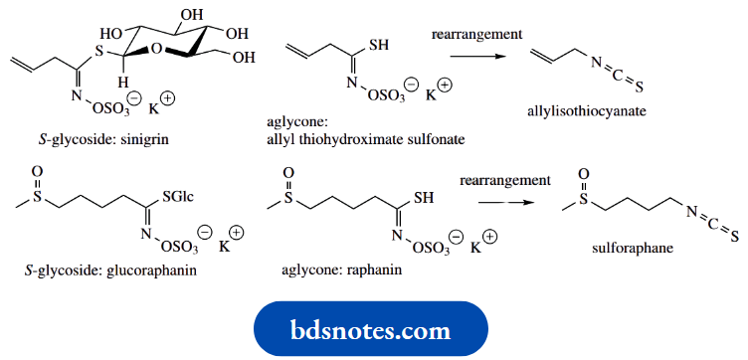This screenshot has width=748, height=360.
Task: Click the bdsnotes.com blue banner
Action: (371, 329)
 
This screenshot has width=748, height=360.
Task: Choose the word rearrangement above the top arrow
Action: (477, 35)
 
